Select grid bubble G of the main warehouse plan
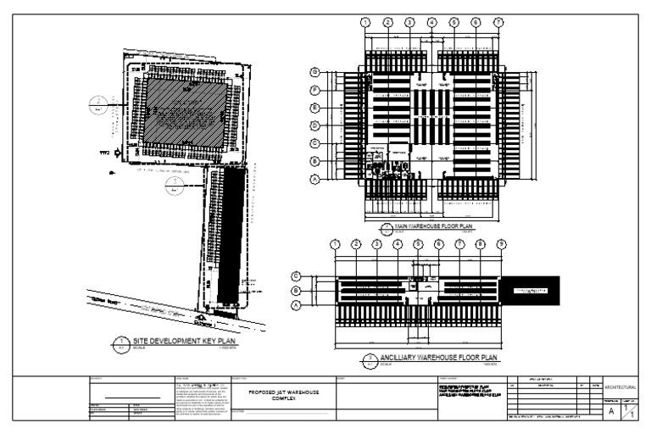(x=315, y=72)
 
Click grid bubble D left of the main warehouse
(x=315, y=125)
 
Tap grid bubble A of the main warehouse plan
(x=315, y=179)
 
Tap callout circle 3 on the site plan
(x=174, y=183)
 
